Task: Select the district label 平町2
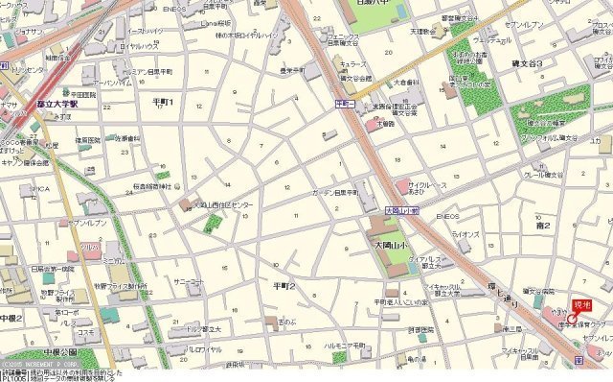click(x=284, y=286)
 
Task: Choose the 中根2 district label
click(x=11, y=317)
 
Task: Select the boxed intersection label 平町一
click(x=345, y=102)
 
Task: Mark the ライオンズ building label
click(x=465, y=233)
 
